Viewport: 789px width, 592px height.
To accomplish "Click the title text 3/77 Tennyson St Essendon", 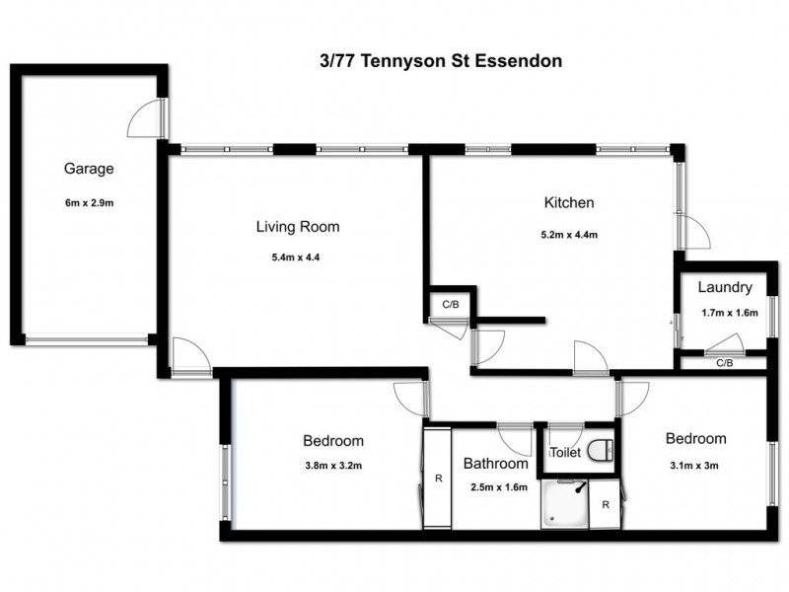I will click(x=434, y=61).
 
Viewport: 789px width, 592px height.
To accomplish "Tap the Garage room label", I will click(x=90, y=168).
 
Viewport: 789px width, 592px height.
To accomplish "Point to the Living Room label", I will click(x=297, y=227).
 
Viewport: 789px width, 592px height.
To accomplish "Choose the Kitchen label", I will click(x=569, y=203).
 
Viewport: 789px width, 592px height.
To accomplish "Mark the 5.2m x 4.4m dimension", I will click(x=569, y=235).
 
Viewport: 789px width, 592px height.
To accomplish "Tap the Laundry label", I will click(x=725, y=288).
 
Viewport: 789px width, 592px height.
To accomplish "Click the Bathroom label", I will click(x=496, y=463).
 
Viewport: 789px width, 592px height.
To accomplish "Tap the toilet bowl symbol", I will click(x=598, y=451).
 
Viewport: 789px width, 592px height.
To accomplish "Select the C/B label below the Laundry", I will click(x=724, y=363).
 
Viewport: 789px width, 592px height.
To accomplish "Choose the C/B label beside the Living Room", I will click(x=451, y=304).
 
